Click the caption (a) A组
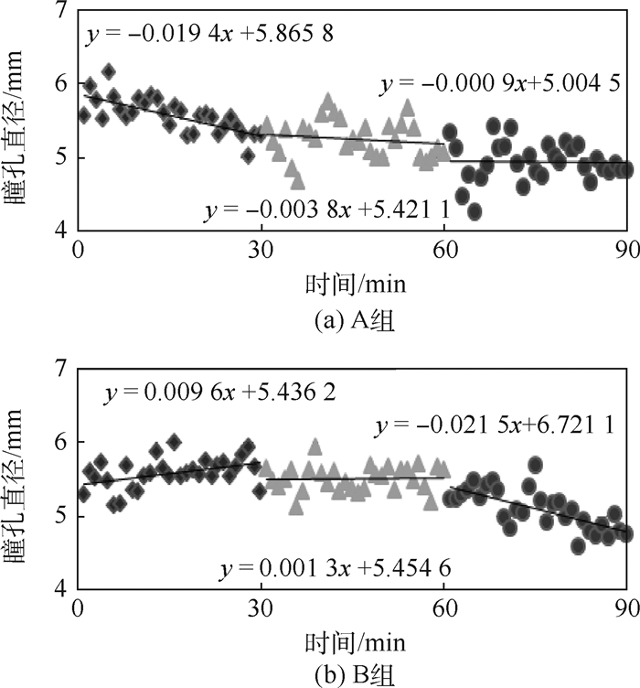point(350,322)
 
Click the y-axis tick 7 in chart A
point(60,11)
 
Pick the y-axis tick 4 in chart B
point(60,590)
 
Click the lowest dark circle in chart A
point(475,212)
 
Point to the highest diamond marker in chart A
point(109,70)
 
